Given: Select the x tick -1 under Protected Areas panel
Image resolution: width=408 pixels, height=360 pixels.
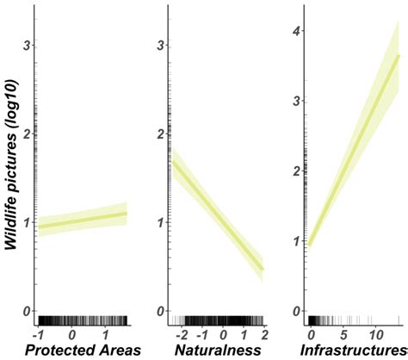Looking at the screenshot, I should pyautogui.click(x=38, y=333).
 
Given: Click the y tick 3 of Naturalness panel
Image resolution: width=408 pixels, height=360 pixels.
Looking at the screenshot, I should pyautogui.click(x=161, y=45).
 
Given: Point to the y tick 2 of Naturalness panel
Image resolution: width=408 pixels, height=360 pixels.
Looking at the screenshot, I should pyautogui.click(x=161, y=133).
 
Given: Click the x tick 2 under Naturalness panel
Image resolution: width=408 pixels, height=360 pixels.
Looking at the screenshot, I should pyautogui.click(x=263, y=333).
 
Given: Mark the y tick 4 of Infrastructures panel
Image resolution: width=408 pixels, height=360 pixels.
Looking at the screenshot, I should pyautogui.click(x=297, y=32).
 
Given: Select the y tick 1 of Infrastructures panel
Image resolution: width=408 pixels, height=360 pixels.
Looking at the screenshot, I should pyautogui.click(x=297, y=241).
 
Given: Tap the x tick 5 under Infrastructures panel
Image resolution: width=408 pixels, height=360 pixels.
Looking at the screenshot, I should pyautogui.click(x=343, y=333).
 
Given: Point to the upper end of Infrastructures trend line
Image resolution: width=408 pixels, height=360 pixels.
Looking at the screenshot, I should pyautogui.click(x=399, y=56).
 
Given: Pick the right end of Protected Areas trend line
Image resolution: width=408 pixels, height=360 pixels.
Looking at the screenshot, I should pyautogui.click(x=127, y=214).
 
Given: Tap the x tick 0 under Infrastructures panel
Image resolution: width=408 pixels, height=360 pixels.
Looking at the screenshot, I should pyautogui.click(x=311, y=333).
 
